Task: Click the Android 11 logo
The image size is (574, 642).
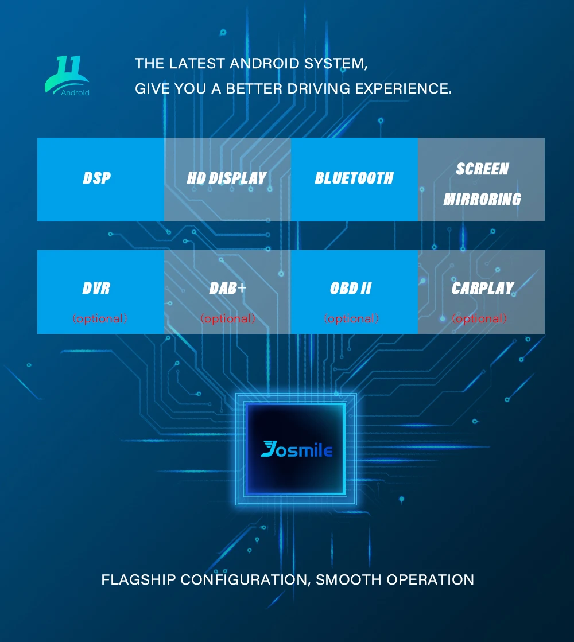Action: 68,75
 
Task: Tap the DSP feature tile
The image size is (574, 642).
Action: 96,178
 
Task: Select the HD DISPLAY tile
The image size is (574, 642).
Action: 227,178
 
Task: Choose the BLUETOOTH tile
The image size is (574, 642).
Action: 354,178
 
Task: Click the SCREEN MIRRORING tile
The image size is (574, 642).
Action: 482,184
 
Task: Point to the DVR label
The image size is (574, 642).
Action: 96,288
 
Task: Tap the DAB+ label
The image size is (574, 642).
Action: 227,288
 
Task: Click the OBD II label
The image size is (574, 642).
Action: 351,288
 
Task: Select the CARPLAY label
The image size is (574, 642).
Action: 482,288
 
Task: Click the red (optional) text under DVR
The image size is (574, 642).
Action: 100,318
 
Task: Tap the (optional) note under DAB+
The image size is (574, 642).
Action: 228,318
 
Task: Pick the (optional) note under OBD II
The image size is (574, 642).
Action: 351,318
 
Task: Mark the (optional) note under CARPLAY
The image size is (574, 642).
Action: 479,318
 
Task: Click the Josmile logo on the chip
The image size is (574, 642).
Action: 296,449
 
